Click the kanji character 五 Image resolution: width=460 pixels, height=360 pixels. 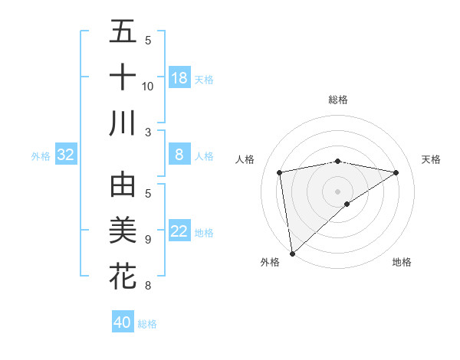123,31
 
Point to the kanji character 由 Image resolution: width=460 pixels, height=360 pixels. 123,185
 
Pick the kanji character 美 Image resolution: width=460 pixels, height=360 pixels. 123,231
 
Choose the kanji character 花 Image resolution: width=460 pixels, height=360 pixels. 123,276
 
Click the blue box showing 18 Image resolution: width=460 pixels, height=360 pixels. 179,77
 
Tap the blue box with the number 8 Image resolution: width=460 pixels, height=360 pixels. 179,155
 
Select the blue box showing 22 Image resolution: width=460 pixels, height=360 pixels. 179,231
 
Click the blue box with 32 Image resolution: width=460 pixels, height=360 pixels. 66,155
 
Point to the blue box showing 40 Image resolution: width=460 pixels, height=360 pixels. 123,322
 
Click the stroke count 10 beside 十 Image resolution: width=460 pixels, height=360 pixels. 148,86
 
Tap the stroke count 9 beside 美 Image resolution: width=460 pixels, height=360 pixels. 148,240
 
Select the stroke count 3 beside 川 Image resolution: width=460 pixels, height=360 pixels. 148,133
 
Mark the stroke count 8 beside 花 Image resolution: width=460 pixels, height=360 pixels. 148,286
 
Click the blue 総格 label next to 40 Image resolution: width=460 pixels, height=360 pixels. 147,324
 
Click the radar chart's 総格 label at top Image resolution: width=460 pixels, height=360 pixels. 338,100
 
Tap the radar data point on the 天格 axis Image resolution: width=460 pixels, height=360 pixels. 396,173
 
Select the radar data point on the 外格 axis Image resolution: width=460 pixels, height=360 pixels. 292,253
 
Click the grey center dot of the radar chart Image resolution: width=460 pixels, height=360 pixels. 338,191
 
